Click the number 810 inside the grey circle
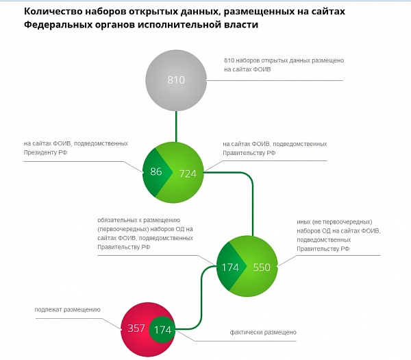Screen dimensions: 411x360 pos(176,80)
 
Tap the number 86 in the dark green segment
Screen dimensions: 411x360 pos(156,171)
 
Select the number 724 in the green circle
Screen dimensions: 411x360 pos(188,173)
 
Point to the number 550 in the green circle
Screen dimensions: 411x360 pos(262,267)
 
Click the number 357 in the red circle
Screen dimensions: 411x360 pos(136,328)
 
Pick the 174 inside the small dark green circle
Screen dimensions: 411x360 pos(163,330)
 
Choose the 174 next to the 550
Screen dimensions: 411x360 pos(230,267)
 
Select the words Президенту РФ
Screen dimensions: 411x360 pos(45,152)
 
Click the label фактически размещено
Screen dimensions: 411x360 pos(263,333)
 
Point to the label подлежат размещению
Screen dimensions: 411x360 pos(67,310)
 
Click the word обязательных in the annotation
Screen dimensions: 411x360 pos(116,220)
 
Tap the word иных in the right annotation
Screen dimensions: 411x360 pos(303,222)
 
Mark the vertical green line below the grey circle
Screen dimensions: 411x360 pos(176,126)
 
